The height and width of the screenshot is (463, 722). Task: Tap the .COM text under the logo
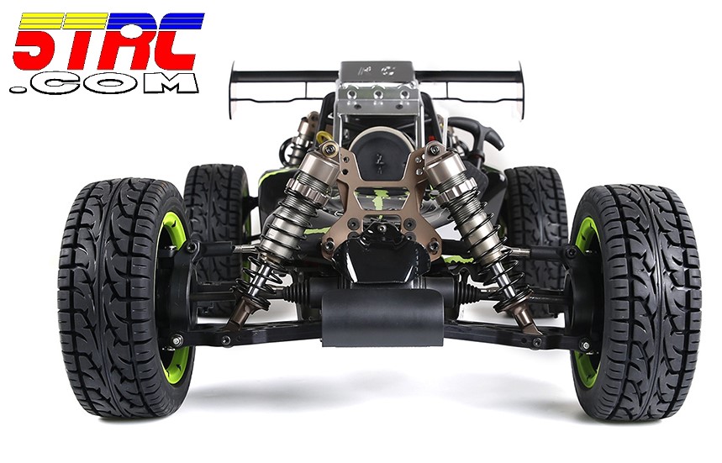tap(104, 84)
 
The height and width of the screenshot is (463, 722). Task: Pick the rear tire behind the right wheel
tap(534, 207)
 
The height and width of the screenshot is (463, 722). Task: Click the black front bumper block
tap(382, 318)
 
